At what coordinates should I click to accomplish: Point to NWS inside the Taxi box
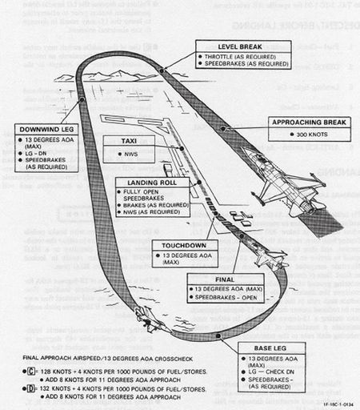pos(130,152)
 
